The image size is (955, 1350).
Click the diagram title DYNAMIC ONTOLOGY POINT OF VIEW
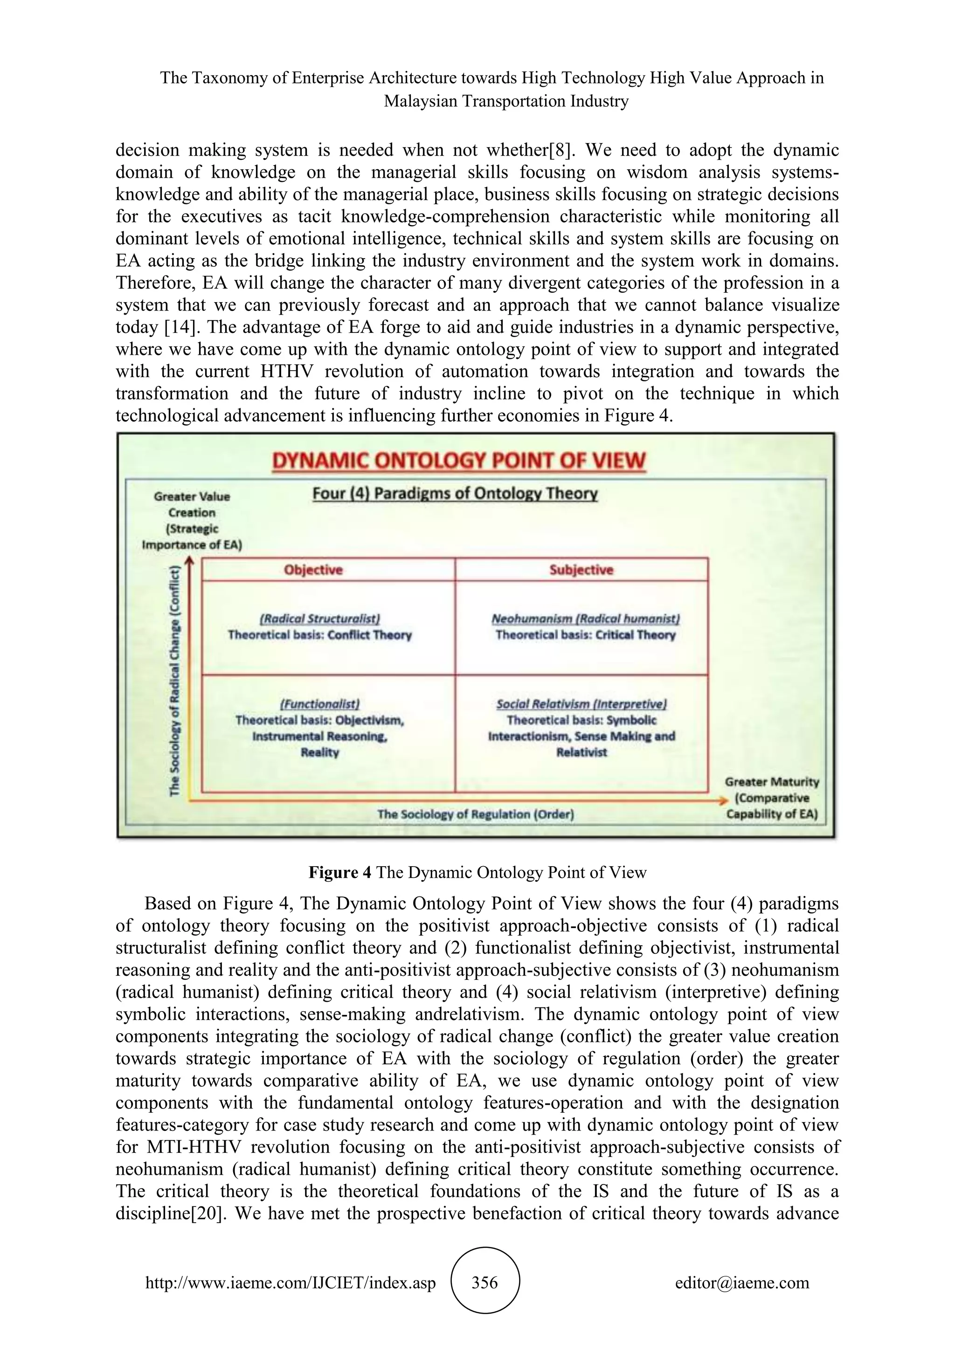pos(459,461)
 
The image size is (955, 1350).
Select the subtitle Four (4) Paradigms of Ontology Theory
pos(455,493)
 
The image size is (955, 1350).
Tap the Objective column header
pos(313,570)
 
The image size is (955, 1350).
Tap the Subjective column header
pos(581,570)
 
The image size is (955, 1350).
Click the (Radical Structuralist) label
pos(320,619)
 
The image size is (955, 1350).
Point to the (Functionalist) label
pos(320,704)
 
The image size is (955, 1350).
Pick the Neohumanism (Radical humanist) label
pos(586,619)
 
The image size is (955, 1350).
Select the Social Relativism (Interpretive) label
pos(581,704)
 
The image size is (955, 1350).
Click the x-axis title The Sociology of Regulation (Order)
pos(475,814)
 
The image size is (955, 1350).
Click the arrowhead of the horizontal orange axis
pos(723,801)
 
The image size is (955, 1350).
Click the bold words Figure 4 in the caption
pos(339,873)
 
